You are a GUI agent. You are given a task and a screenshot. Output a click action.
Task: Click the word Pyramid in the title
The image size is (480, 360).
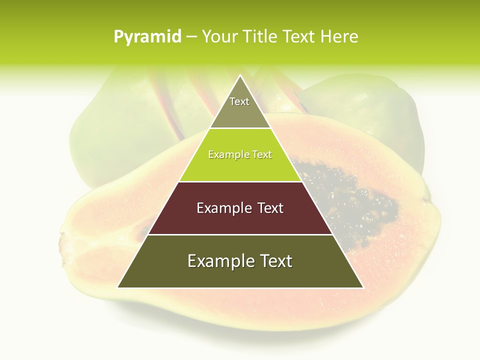click(147, 37)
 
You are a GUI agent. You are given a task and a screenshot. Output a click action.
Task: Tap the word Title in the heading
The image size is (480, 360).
click(261, 37)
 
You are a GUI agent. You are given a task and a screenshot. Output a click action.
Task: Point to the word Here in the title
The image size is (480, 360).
click(339, 37)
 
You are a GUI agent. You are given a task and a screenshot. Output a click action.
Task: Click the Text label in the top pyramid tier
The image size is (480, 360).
click(239, 101)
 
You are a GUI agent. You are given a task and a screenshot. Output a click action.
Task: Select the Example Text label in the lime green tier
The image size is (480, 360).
click(240, 155)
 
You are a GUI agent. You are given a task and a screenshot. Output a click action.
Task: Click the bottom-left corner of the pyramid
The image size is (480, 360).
click(118, 287)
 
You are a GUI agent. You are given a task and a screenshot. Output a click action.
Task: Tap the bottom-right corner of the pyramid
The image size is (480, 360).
click(362, 287)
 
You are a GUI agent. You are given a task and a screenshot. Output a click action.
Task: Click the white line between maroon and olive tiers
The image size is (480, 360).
click(240, 234)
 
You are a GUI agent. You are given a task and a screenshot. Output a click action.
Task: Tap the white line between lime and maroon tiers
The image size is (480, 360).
click(240, 181)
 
